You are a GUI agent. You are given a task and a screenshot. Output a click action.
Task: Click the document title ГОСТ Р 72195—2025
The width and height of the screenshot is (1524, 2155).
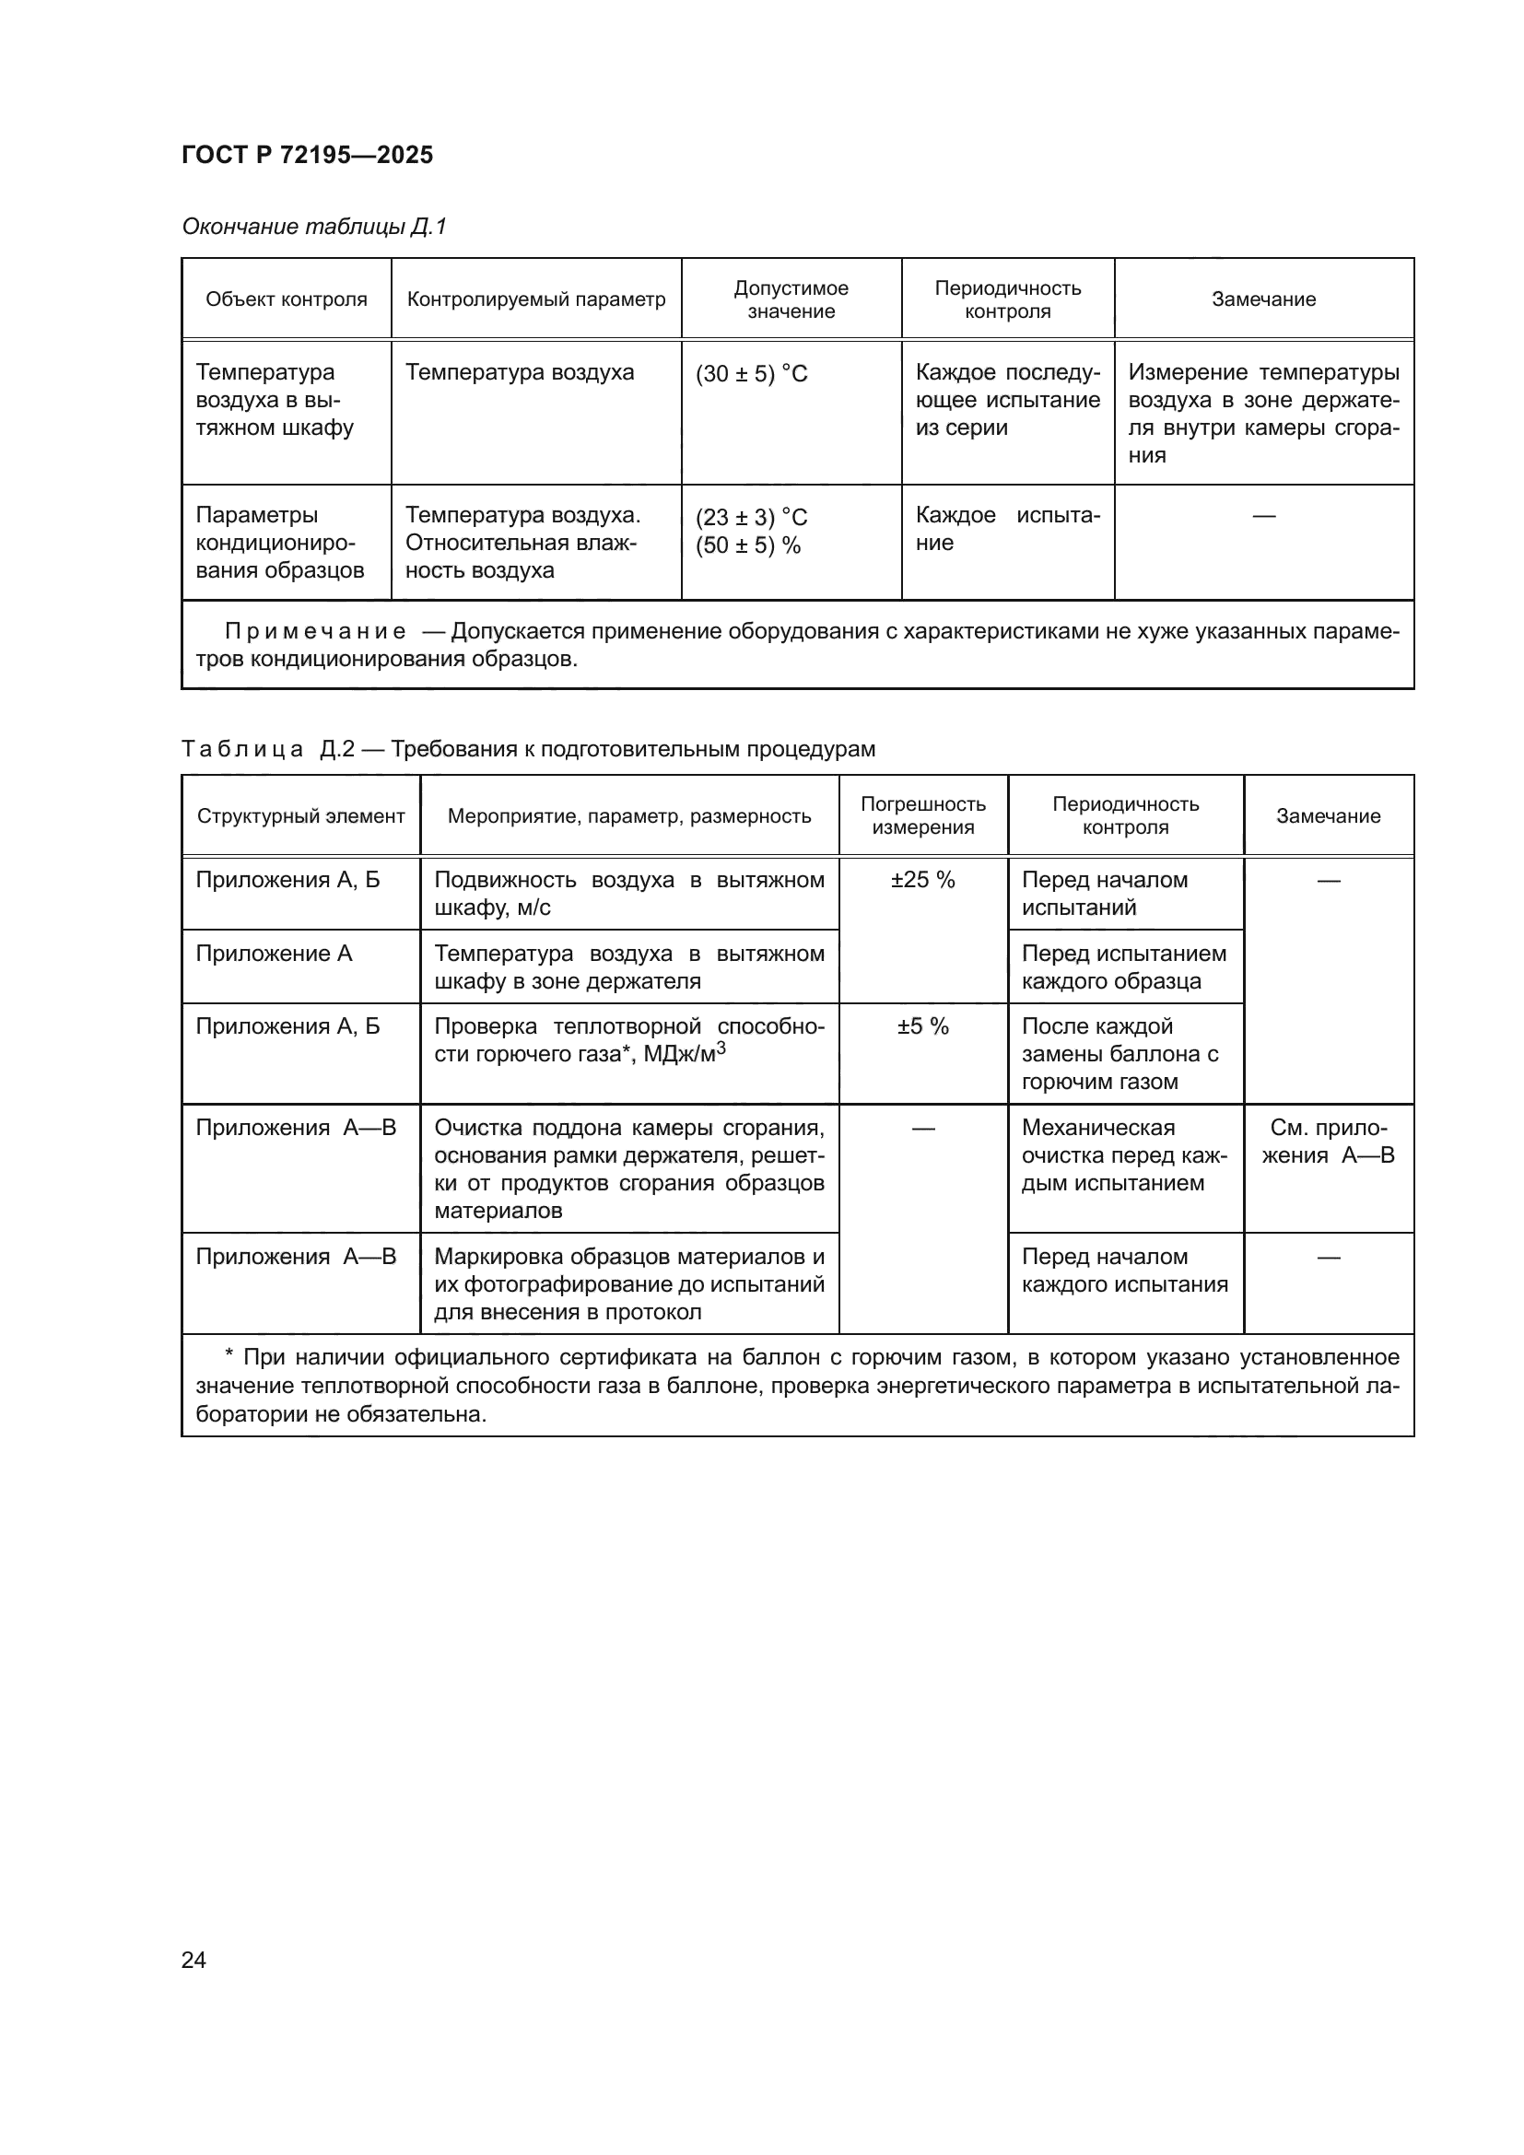tap(307, 155)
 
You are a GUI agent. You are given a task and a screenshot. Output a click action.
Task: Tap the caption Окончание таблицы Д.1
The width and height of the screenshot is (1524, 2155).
tap(313, 227)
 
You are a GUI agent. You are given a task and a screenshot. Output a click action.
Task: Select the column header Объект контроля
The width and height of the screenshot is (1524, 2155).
tap(287, 299)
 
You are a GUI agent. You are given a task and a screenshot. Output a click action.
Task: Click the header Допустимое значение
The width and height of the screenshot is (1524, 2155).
tap(791, 299)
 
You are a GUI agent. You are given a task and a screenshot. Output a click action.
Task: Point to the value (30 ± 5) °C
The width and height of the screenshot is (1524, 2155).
tap(751, 373)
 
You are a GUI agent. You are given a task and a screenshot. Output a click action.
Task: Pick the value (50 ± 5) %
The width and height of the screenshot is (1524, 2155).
tap(748, 545)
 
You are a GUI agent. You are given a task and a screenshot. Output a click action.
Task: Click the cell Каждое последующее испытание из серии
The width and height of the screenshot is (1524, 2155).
tap(1007, 400)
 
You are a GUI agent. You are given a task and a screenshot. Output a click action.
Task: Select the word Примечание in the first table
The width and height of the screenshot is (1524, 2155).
tap(315, 632)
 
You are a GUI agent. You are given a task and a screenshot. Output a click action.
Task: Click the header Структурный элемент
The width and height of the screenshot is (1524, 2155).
tap(300, 816)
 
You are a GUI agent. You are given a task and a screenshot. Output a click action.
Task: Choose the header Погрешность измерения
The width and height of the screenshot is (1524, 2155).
tap(922, 815)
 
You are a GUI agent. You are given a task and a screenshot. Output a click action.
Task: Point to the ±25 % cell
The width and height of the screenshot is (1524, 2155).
tap(922, 881)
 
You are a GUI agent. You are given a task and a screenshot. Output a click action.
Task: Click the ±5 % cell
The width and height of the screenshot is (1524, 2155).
tap(922, 1026)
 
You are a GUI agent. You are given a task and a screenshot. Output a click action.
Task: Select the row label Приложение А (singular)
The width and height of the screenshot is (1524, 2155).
tap(273, 954)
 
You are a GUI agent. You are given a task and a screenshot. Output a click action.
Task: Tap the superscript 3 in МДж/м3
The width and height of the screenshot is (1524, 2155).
tap(721, 1048)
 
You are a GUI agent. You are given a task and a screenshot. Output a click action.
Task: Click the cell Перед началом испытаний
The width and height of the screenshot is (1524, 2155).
tap(1104, 894)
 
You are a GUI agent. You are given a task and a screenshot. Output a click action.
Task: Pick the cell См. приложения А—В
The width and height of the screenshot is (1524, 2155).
tap(1327, 1142)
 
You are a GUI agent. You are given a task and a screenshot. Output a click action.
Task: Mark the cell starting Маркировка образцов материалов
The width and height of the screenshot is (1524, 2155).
tap(628, 1283)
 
